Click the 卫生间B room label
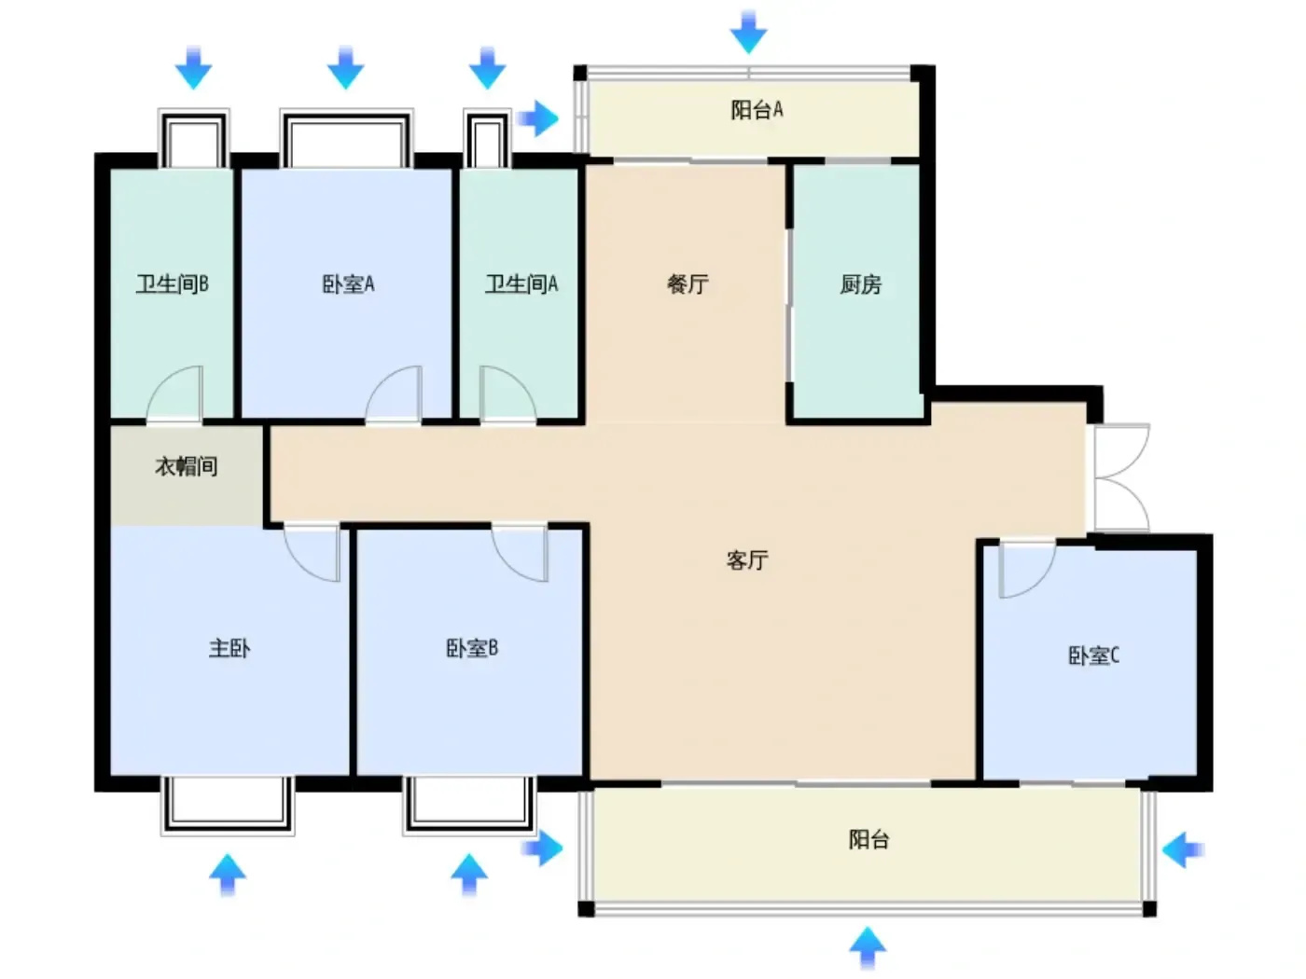(x=172, y=284)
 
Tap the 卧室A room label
(x=348, y=284)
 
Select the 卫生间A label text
(x=521, y=284)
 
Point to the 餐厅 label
(x=688, y=284)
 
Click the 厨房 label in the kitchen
(x=860, y=284)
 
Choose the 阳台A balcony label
(x=757, y=110)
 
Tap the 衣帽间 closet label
(x=187, y=466)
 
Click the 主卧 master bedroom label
(x=229, y=648)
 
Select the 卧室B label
(x=472, y=648)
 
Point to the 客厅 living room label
(x=747, y=560)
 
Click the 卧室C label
(x=1093, y=655)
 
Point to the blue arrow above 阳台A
(x=748, y=33)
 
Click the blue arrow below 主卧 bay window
(x=228, y=875)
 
